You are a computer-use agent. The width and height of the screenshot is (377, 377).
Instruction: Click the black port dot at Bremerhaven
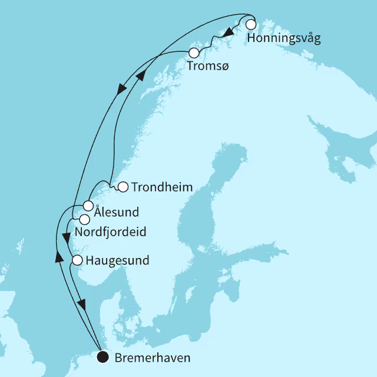point(103,356)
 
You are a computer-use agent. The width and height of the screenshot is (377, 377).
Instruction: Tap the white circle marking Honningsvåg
point(251,25)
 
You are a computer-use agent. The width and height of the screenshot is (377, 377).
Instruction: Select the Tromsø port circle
point(194,53)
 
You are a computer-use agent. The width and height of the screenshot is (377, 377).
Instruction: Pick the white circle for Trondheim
point(123,187)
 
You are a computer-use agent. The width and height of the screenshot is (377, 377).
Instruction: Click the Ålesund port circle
point(88,206)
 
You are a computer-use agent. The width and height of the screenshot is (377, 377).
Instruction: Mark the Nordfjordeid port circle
point(84,219)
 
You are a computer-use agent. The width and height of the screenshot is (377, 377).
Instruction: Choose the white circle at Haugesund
point(77,259)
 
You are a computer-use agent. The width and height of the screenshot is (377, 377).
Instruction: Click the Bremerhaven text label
point(145,357)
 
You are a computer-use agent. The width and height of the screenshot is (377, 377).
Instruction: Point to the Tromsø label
point(207,67)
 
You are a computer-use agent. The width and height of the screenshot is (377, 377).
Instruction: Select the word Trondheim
point(163,188)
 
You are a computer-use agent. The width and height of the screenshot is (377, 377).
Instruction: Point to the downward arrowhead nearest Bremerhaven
point(82,304)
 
